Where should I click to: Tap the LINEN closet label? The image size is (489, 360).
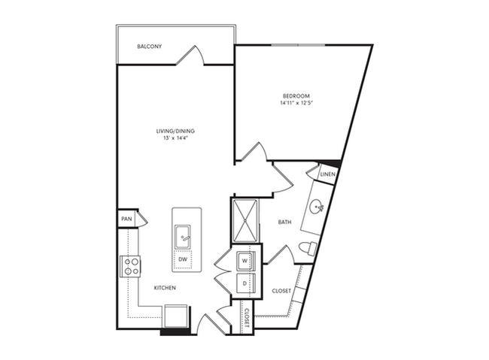pyautogui.click(x=327, y=175)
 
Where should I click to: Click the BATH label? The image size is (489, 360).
pyautogui.click(x=284, y=222)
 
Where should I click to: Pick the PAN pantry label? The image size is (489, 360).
pyautogui.click(x=126, y=219)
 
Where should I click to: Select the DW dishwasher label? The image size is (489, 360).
pyautogui.click(x=182, y=260)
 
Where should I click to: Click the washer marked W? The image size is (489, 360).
pyautogui.click(x=244, y=262)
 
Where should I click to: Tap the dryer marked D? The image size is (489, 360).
pyautogui.click(x=244, y=283)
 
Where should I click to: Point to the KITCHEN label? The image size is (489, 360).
pyautogui.click(x=165, y=289)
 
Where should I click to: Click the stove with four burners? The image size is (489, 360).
pyautogui.click(x=132, y=265)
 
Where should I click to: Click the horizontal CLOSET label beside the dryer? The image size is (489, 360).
pyautogui.click(x=281, y=289)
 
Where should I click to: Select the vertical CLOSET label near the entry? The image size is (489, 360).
pyautogui.click(x=246, y=319)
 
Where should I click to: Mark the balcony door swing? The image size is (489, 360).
pyautogui.click(x=196, y=56)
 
